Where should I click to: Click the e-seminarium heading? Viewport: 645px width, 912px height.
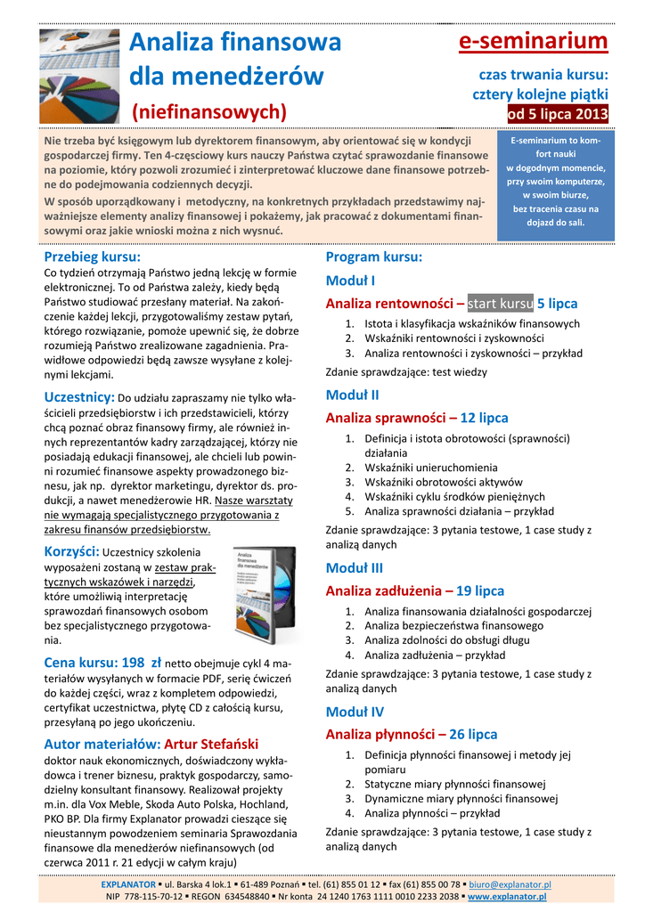point(534,41)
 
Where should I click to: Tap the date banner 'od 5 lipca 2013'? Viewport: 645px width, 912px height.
point(558,114)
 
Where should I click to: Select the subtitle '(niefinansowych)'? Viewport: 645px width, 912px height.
point(209,111)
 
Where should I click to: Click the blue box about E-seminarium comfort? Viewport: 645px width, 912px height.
point(556,182)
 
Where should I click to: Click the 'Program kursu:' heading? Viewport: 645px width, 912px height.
point(373,256)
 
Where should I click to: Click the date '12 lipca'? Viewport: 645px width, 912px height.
point(484,417)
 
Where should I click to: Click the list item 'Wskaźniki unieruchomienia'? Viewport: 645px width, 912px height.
point(431,467)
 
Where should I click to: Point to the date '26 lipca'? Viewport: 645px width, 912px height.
point(473,734)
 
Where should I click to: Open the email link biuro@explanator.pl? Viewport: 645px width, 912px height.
point(510,884)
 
